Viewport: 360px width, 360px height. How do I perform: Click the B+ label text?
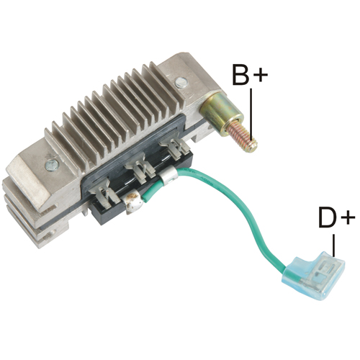pyautogui.click(x=250, y=74)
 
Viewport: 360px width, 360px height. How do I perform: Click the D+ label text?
pyautogui.click(x=336, y=217)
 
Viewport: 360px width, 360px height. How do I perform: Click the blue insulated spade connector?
pyautogui.click(x=315, y=274)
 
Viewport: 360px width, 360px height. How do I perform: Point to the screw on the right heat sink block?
pyautogui.click(x=181, y=83)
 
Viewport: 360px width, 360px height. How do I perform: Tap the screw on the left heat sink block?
pyautogui.click(x=52, y=166)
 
